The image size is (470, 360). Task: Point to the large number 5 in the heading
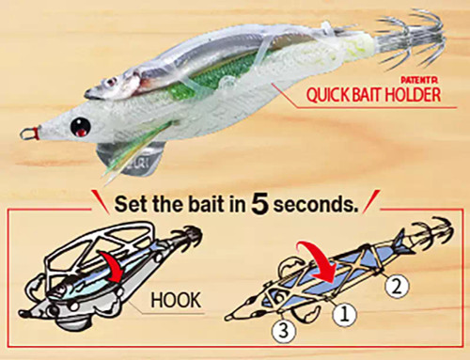[x=259, y=205]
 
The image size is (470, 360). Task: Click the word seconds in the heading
[x=316, y=204]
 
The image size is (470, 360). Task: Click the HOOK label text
[x=176, y=300]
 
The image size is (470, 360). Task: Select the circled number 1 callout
[x=345, y=315]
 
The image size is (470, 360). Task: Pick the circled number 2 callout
[x=397, y=287]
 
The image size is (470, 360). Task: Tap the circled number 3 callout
[x=284, y=331]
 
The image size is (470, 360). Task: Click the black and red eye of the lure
[x=81, y=127]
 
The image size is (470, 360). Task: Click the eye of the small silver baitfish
[x=110, y=83]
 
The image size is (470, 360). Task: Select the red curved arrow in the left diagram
[x=111, y=265]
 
